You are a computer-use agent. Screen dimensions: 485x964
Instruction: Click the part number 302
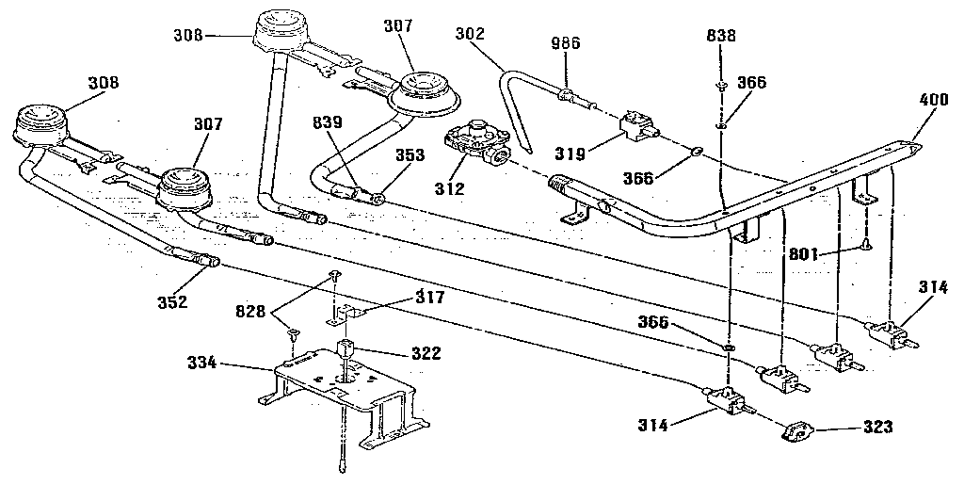click(x=469, y=32)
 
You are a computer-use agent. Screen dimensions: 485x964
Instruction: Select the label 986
click(x=565, y=43)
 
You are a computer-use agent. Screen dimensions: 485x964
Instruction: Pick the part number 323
click(x=876, y=427)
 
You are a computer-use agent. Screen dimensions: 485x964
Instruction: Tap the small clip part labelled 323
click(x=795, y=433)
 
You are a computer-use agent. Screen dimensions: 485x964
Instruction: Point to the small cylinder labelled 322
click(x=347, y=349)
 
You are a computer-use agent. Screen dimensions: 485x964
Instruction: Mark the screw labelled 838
click(x=720, y=86)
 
